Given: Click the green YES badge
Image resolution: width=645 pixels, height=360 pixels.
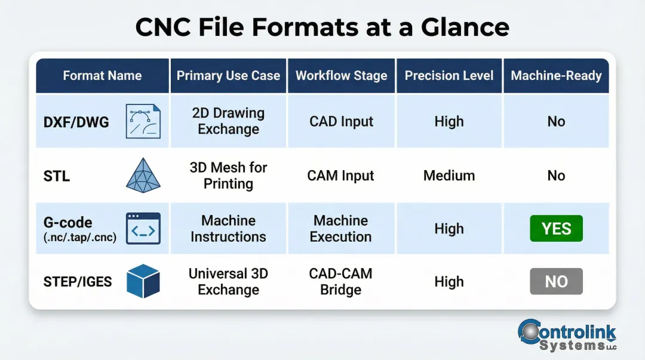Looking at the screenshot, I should pyautogui.click(x=556, y=229).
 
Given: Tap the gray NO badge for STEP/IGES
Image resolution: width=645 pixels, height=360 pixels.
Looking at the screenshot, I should pyautogui.click(x=556, y=281).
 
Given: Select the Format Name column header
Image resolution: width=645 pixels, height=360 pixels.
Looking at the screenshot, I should pyautogui.click(x=102, y=76).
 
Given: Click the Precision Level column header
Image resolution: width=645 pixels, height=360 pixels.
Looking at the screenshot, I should pyautogui.click(x=449, y=76).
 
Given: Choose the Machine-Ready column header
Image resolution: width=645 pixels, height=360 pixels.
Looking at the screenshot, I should pyautogui.click(x=556, y=76).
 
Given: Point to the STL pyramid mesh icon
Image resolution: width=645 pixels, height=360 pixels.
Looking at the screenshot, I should pyautogui.click(x=143, y=175).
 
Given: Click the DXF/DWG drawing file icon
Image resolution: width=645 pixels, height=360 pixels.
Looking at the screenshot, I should pyautogui.click(x=143, y=122).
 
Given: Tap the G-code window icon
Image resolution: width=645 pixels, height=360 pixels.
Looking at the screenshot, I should pyautogui.click(x=143, y=228).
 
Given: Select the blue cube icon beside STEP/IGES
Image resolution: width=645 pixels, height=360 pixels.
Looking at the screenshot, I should pyautogui.click(x=143, y=281).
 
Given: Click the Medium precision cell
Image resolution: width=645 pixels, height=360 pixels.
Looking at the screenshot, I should pyautogui.click(x=449, y=176).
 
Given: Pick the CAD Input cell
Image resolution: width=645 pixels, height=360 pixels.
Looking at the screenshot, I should pyautogui.click(x=341, y=121).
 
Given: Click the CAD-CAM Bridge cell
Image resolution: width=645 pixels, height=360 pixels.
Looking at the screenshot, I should pyautogui.click(x=341, y=281).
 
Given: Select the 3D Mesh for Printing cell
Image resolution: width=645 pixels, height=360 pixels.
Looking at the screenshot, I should pyautogui.click(x=228, y=176).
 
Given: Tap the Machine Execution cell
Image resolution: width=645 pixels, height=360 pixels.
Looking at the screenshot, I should pyautogui.click(x=341, y=229).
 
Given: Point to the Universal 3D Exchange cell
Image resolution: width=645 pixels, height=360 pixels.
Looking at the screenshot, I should pyautogui.click(x=228, y=281).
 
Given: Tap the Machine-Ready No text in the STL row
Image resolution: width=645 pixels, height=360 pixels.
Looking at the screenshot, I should pyautogui.click(x=556, y=176).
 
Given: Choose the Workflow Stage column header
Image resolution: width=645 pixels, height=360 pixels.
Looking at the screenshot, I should pyautogui.click(x=341, y=76).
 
